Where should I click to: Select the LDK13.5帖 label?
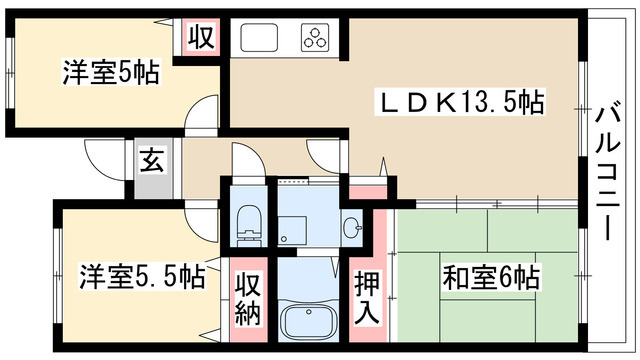460,102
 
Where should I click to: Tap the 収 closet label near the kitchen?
201,37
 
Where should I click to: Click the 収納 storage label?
249,297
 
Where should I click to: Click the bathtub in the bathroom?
311,321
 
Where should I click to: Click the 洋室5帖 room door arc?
203,112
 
